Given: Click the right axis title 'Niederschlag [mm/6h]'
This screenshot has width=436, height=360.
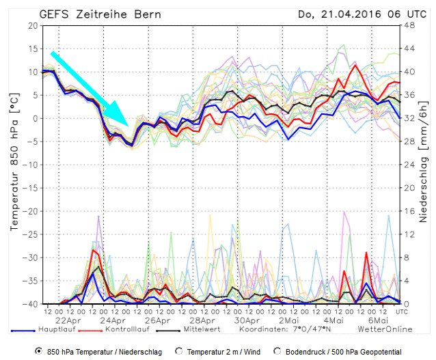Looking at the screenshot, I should coord(424,165).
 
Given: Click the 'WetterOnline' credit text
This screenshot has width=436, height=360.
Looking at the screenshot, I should coord(390,329).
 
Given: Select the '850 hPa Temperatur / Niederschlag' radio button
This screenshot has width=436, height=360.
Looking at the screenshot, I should coord(38,351).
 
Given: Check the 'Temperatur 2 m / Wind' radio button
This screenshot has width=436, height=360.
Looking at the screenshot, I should coord(179,351).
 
